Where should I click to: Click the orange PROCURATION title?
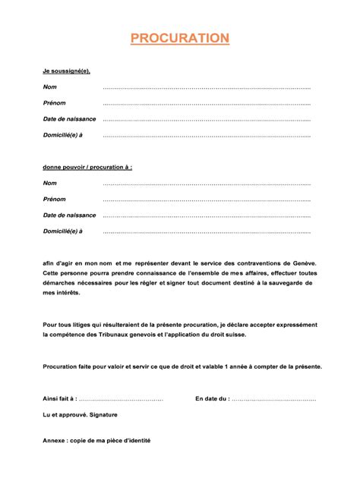(179, 39)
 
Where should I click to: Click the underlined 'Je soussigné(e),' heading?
(67, 71)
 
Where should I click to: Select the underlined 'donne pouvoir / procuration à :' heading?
(87, 167)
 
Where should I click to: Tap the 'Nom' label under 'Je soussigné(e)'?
(49, 86)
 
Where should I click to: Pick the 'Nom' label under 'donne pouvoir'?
(49, 184)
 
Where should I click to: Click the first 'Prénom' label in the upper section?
(54, 102)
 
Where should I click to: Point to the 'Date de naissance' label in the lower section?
(69, 215)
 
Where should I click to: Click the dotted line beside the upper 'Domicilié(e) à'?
(207, 136)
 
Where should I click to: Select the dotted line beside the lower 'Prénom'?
(207, 200)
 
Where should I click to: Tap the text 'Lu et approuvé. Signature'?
(80, 415)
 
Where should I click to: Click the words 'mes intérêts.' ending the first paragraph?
(62, 292)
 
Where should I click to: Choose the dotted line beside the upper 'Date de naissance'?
(207, 119)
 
